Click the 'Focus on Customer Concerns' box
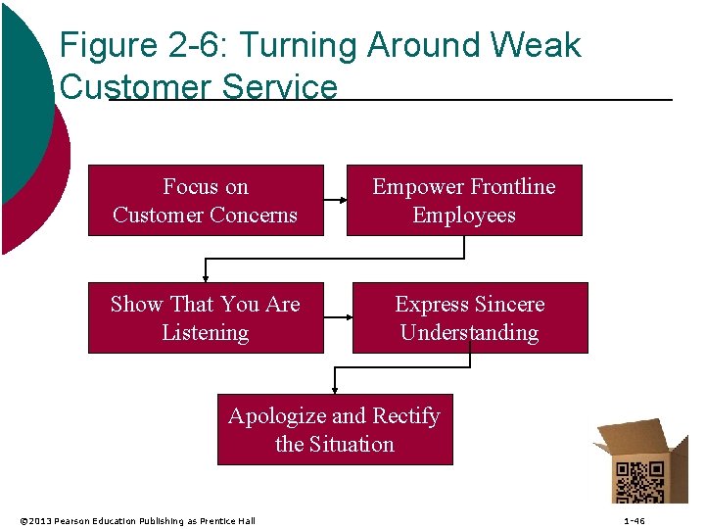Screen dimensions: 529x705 coord(206,201)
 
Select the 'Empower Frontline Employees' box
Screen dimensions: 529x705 coord(464,201)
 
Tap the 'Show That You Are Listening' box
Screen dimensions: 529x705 coord(206,318)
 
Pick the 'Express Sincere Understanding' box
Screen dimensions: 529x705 coord(470,318)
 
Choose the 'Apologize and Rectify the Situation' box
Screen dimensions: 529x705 coord(335,430)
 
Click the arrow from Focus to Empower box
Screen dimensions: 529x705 coord(335,201)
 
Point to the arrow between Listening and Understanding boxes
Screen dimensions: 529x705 coord(338,317)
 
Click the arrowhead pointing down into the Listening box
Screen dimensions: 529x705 coord(206,277)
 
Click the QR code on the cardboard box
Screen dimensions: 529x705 coord(638,481)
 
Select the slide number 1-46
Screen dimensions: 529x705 coord(634,520)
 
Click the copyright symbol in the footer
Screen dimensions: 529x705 coord(23,520)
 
